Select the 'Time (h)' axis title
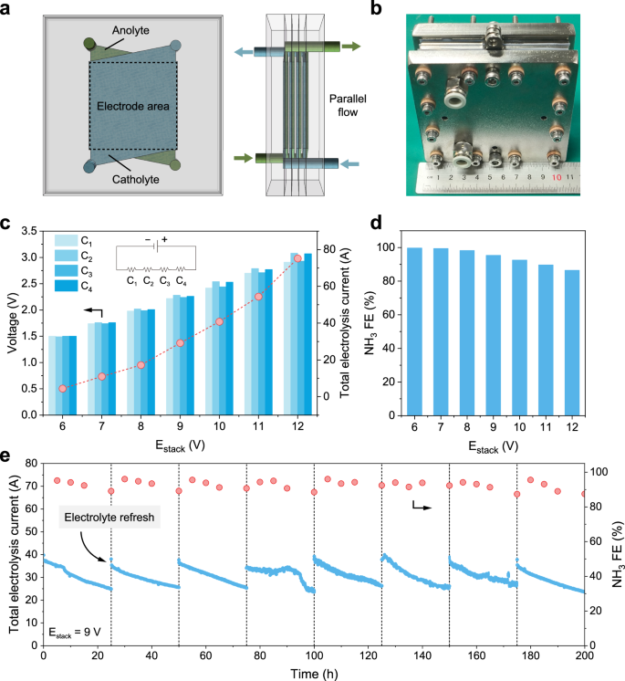click(x=314, y=672)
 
